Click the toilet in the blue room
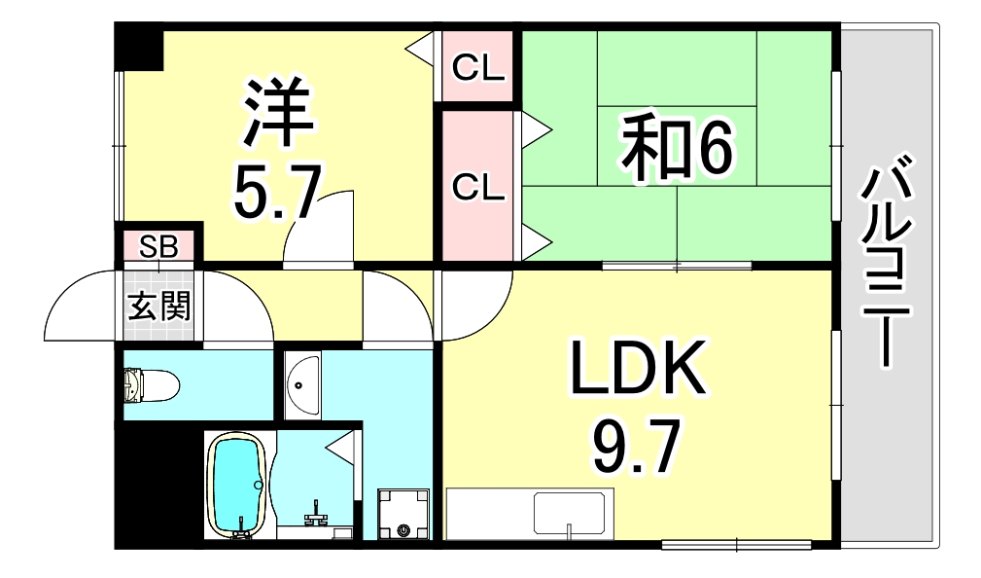(x=151, y=384)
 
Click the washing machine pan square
(x=403, y=513)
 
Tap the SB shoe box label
(x=158, y=245)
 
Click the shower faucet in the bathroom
(x=314, y=513)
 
